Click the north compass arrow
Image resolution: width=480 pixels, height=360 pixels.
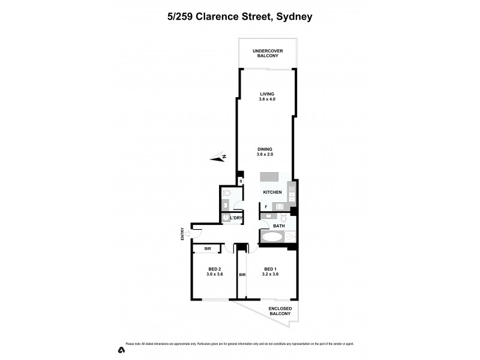218,158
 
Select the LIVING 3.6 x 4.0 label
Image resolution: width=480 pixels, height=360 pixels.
266,97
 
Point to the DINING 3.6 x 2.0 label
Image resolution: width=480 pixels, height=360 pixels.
265,151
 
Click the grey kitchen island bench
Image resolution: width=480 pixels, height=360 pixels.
269,178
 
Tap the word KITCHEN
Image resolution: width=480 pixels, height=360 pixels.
272,192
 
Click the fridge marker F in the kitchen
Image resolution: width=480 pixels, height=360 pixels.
266,207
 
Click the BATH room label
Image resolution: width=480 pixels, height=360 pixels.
279,226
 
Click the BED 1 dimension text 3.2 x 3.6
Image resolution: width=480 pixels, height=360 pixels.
270,274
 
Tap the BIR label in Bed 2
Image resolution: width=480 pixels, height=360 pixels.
208,248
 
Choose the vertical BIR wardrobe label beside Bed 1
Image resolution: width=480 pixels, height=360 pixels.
242,275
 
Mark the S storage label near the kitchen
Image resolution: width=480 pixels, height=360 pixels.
241,181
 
